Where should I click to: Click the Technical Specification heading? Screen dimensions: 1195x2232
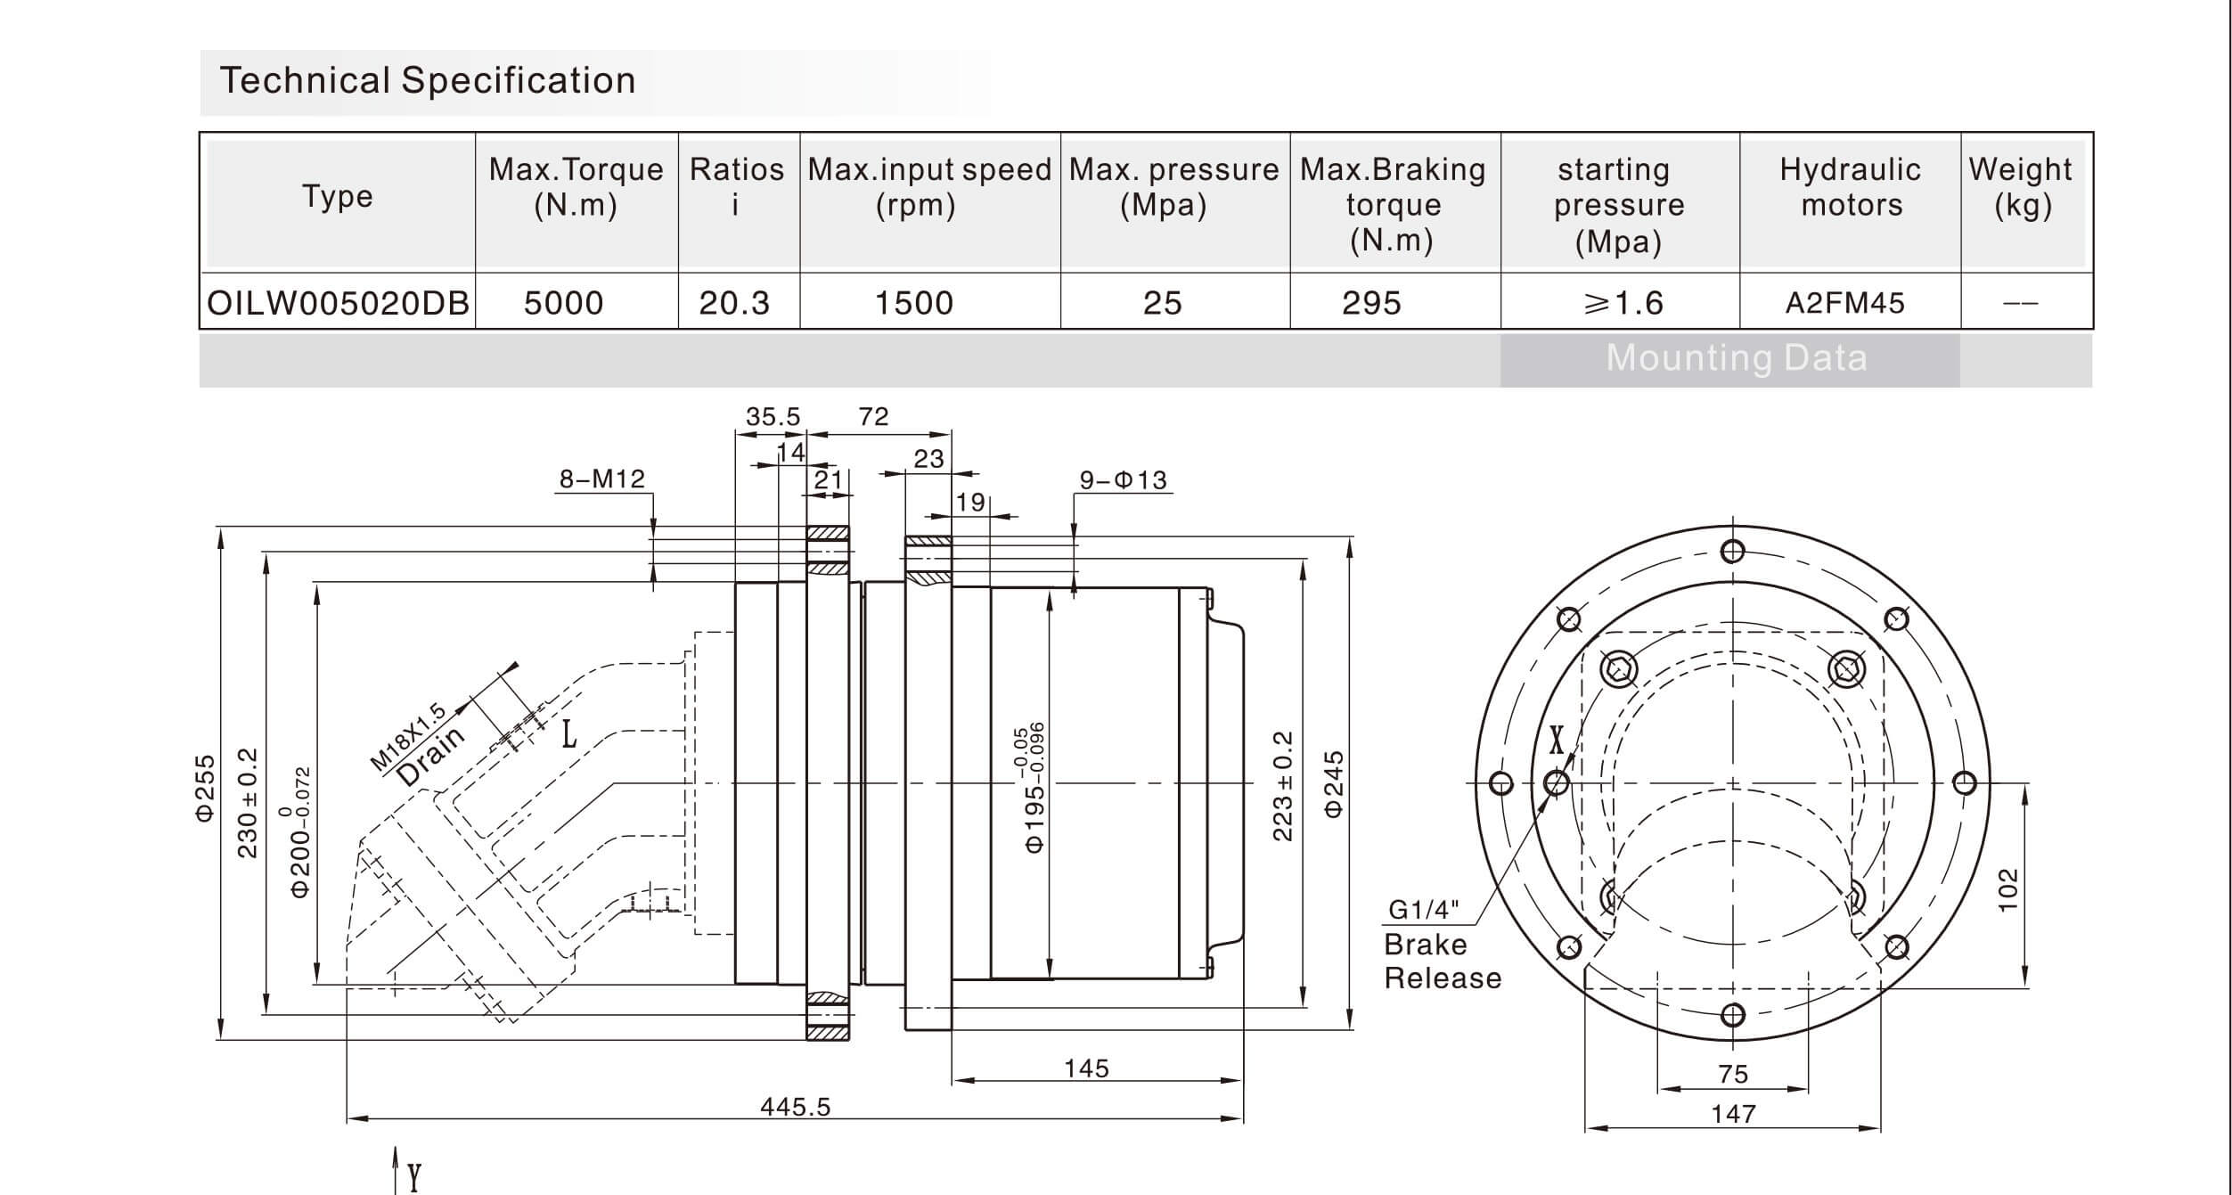coord(428,81)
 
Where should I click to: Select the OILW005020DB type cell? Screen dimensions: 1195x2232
coord(338,303)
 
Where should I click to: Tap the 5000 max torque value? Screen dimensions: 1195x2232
coord(563,303)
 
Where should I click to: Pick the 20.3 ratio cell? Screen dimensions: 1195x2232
coord(734,303)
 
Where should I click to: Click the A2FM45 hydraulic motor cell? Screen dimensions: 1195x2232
coord(1844,303)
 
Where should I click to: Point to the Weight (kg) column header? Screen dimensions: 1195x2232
coord(2021,187)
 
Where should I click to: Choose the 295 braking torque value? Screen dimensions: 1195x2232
coord(1371,303)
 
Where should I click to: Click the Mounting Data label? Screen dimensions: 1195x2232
coord(1736,358)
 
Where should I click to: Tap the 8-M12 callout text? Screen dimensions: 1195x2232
coord(601,479)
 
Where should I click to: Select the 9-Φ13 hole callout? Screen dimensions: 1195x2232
coord(1123,480)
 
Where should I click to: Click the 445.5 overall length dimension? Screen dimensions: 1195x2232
coord(795,1107)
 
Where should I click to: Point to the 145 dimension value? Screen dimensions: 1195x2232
coord(1086,1068)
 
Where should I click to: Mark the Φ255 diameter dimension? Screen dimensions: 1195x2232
coord(206,788)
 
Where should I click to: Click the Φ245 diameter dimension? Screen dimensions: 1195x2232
coord(1334,783)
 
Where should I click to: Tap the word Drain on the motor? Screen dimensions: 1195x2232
coord(431,756)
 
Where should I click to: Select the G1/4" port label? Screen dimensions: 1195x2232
coord(1424,910)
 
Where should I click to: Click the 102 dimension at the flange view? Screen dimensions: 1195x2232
coord(2007,889)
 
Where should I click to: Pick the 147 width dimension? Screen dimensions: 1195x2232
coord(1733,1114)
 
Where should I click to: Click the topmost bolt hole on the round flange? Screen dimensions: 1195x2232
coord(1732,552)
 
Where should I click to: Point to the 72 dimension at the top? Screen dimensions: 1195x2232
coord(873,417)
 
